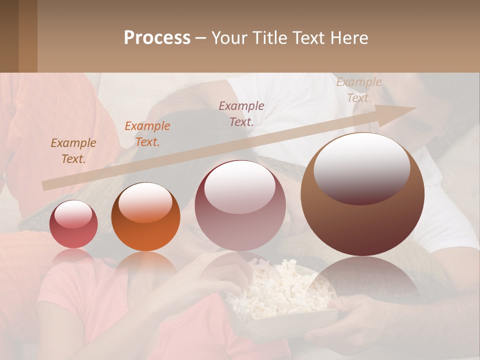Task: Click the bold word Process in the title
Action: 157,38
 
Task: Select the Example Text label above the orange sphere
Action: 147,134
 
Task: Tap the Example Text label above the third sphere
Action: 241,113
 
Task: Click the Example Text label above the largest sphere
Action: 358,90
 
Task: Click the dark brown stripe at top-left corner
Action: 9,35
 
